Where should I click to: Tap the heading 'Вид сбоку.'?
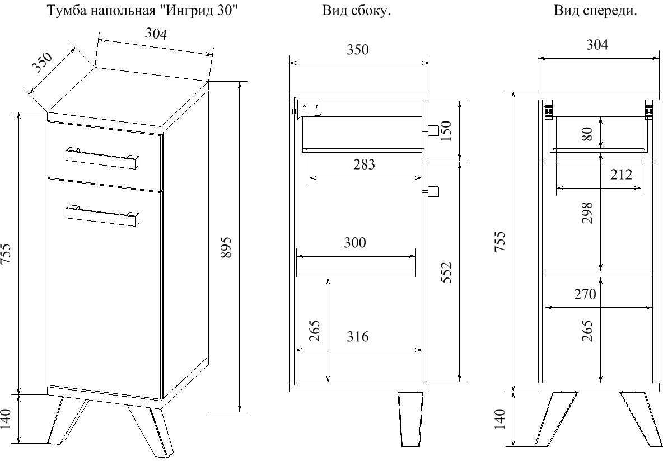click(356, 11)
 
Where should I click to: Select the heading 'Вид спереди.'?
click(595, 11)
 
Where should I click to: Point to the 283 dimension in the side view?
click(364, 164)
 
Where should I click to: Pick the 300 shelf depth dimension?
click(355, 243)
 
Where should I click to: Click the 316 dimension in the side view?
click(358, 336)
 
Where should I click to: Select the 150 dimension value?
click(446, 131)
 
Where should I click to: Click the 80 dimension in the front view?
click(587, 134)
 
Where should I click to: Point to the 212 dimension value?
click(620, 174)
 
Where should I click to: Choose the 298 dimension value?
click(587, 213)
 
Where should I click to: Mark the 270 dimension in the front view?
click(585, 294)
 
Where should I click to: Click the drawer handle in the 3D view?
click(102, 158)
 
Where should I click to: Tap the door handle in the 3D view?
click(102, 215)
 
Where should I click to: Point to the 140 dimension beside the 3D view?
click(6, 418)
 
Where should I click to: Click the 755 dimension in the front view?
click(500, 242)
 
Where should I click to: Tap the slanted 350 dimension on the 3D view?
click(41, 62)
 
